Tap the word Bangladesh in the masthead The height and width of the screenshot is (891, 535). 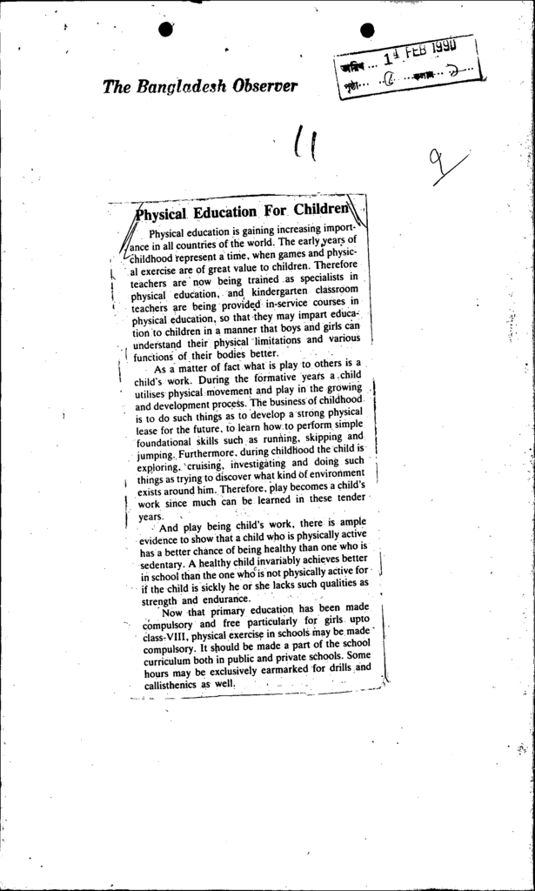(x=180, y=87)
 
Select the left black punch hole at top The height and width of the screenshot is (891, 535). (x=167, y=29)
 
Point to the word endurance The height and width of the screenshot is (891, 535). (x=224, y=600)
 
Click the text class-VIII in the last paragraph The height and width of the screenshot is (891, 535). (x=157, y=639)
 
